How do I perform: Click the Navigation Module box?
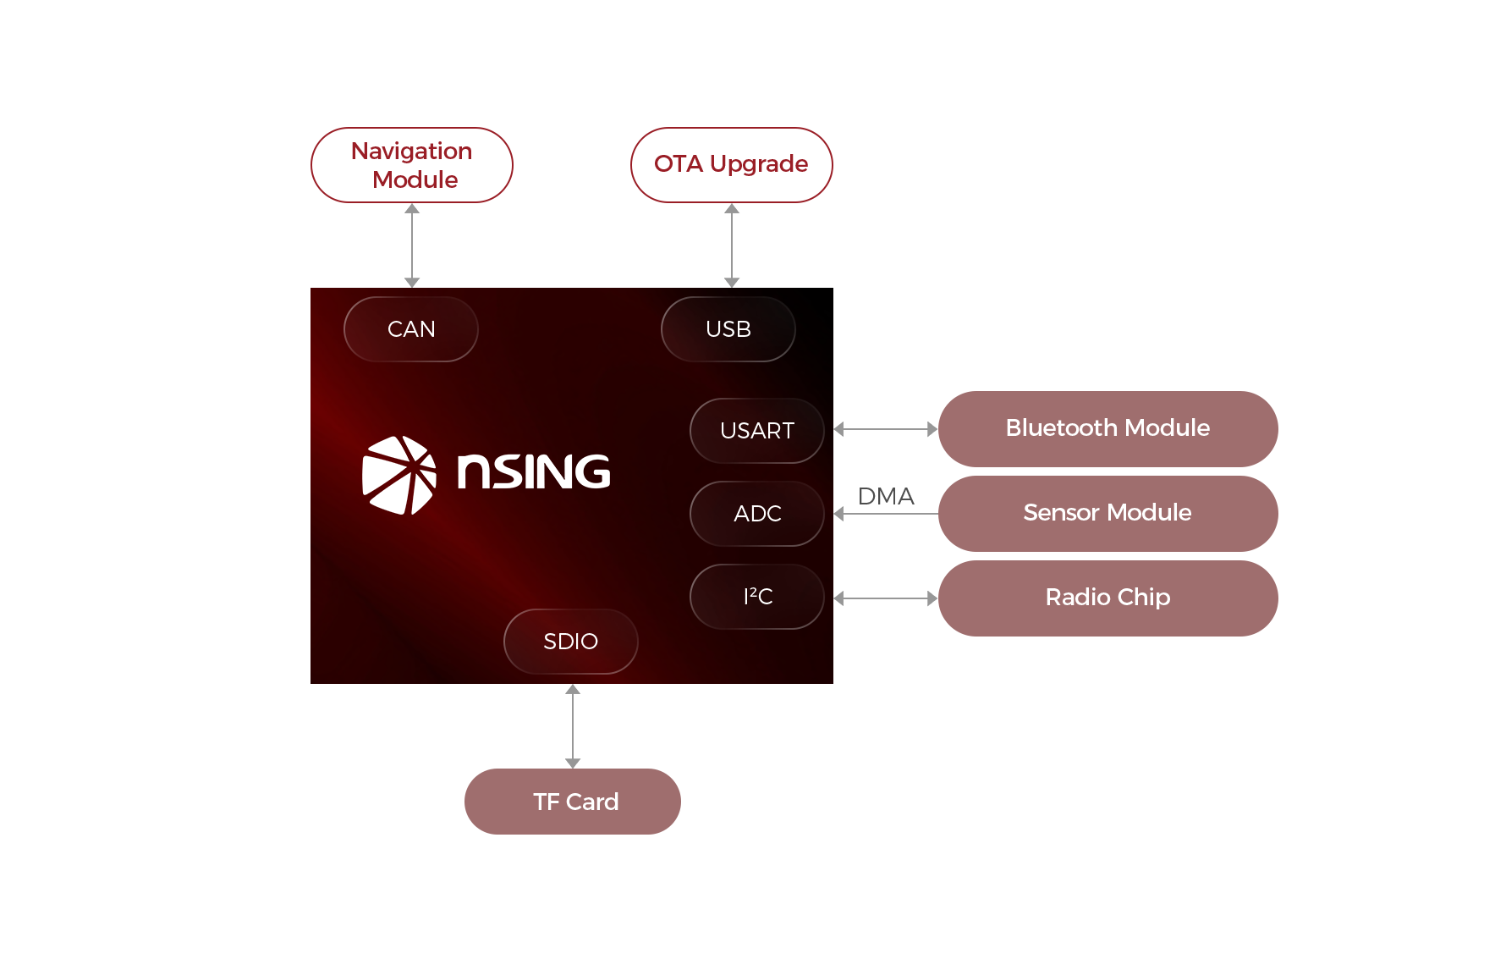tap(412, 165)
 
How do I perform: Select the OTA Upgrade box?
tap(732, 165)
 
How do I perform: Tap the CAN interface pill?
tap(411, 329)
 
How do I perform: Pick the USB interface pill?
tap(728, 329)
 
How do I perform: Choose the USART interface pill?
tap(757, 431)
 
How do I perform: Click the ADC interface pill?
tap(757, 514)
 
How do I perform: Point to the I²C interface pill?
tap(757, 597)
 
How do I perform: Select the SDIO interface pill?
tap(571, 642)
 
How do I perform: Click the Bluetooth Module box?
tap(1108, 429)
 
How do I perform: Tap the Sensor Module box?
tap(1108, 514)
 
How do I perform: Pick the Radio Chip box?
tap(1108, 598)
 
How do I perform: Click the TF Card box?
tap(573, 802)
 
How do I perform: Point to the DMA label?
tap(886, 496)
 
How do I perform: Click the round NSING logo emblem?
tap(398, 475)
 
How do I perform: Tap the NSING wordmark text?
tap(534, 472)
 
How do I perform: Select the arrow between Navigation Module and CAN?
tap(412, 245)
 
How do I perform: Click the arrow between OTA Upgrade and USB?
tap(732, 245)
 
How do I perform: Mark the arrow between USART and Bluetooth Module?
tap(886, 429)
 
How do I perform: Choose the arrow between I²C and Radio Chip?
tap(886, 598)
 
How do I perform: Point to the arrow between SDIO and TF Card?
tap(573, 726)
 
